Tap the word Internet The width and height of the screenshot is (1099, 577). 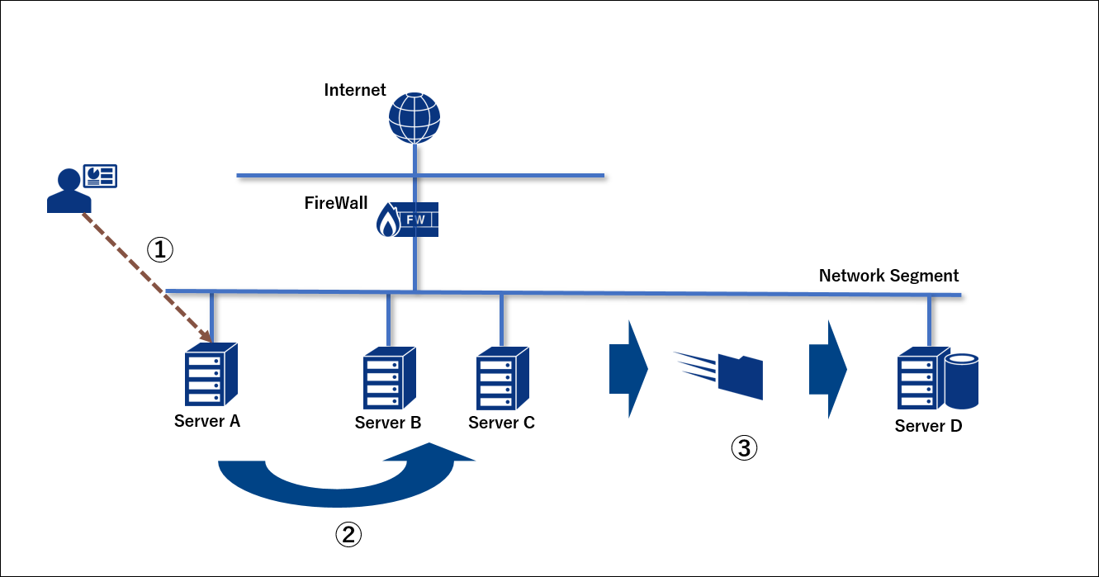[x=355, y=90]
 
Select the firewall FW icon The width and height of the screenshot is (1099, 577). [x=408, y=220]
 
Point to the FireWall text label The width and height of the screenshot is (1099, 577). [x=335, y=203]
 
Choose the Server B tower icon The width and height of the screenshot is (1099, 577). [x=389, y=378]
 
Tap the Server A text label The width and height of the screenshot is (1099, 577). [x=207, y=421]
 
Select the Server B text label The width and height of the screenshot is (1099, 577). [x=388, y=423]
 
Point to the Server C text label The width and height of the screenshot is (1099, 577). [x=501, y=423]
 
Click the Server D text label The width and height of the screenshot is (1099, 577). [x=928, y=427]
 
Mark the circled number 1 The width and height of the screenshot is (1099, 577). [x=160, y=249]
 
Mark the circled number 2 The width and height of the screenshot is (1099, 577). [x=348, y=535]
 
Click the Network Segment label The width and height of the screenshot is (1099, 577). [x=888, y=276]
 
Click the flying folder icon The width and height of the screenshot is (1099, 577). [x=740, y=376]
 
